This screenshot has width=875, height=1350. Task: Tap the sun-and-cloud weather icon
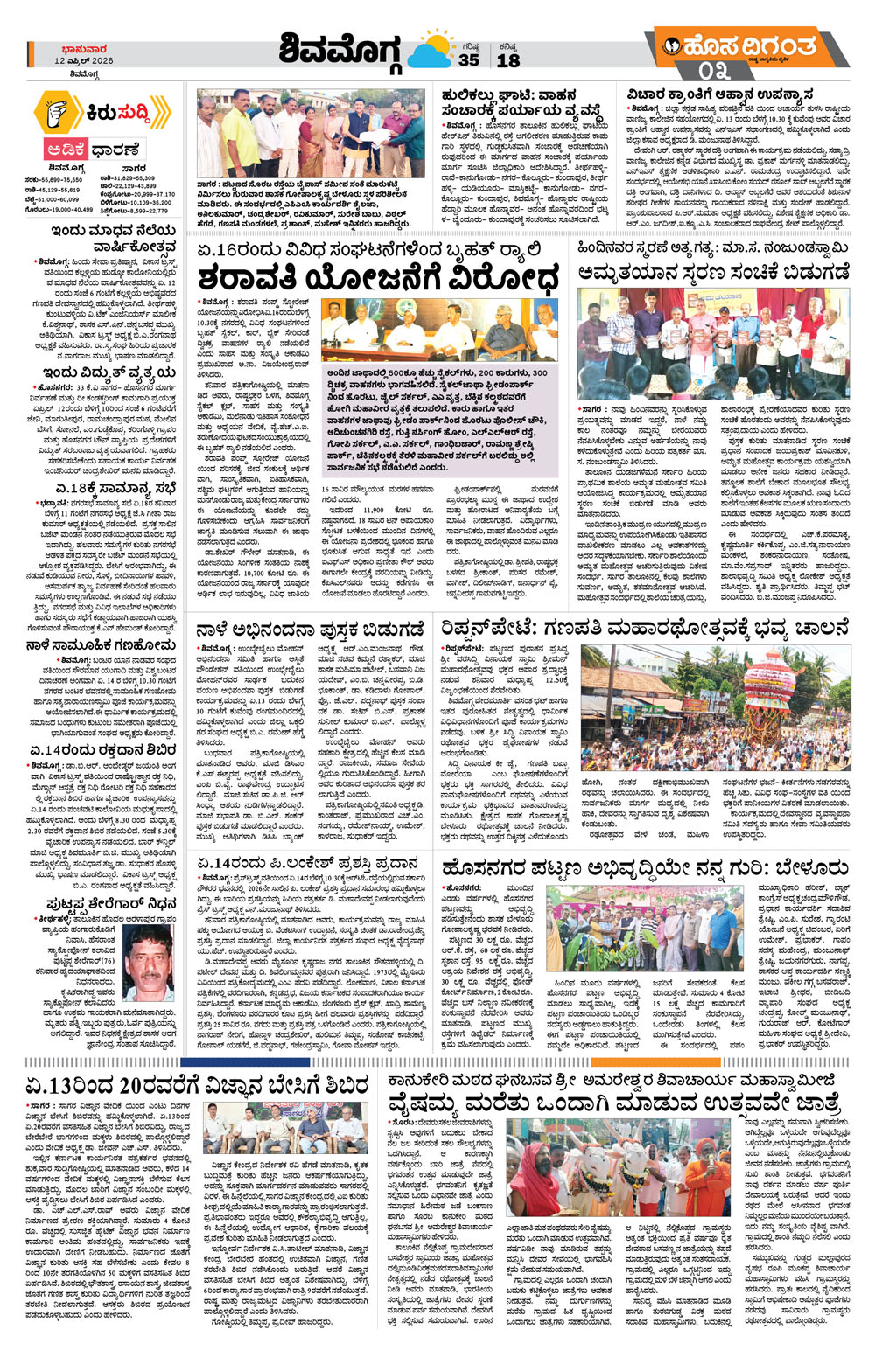click(x=430, y=51)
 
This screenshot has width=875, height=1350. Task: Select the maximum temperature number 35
click(x=469, y=60)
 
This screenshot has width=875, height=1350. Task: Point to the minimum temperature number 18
click(x=508, y=60)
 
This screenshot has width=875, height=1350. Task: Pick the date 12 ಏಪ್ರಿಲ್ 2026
click(x=83, y=61)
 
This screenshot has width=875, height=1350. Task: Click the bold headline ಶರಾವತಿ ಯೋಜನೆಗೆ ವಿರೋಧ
click(x=377, y=278)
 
